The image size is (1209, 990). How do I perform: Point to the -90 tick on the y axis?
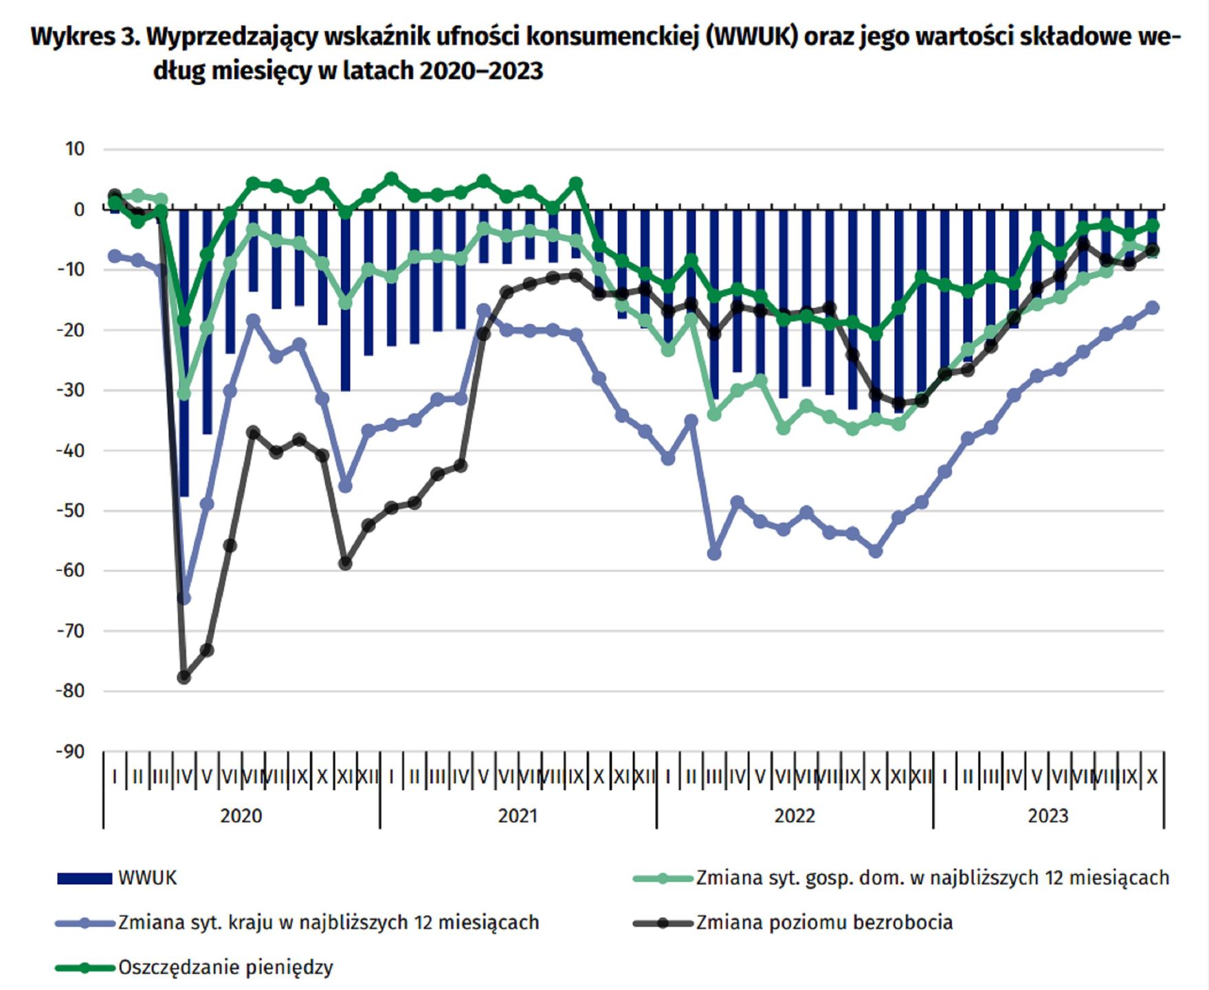click(x=71, y=751)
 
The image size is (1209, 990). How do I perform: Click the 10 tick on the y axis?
click(x=74, y=148)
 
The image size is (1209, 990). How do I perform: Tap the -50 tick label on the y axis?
click(x=71, y=510)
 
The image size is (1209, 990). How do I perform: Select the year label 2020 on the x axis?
click(x=241, y=816)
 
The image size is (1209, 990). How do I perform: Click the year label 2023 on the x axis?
click(x=1047, y=816)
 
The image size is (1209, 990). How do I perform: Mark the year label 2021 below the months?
click(x=518, y=816)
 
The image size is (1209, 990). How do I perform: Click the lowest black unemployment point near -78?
click(x=184, y=677)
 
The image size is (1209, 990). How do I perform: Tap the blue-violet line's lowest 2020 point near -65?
click(x=184, y=598)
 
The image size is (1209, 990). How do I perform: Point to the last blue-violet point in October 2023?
click(x=1153, y=307)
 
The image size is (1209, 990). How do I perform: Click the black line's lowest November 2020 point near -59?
click(x=345, y=563)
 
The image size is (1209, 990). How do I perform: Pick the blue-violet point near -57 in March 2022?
click(x=714, y=553)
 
